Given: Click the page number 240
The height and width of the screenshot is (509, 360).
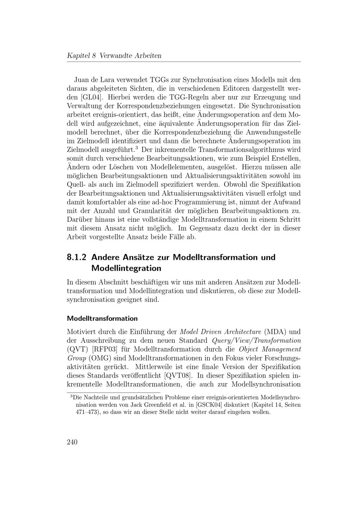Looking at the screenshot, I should [72, 442].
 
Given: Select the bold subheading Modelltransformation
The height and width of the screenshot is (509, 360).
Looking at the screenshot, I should [102, 319].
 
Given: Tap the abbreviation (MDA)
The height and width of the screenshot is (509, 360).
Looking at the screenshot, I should [275, 332].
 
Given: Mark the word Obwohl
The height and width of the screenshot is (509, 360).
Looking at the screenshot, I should [234, 185].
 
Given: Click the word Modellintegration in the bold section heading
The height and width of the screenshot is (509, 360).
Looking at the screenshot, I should [126, 268].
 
